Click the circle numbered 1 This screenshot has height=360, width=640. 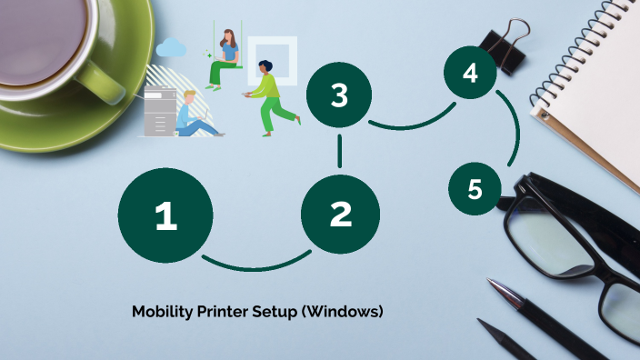[165, 215]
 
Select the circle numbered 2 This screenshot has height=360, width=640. [340, 215]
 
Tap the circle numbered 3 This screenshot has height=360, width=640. [339, 95]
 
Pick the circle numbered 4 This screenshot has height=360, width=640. [470, 72]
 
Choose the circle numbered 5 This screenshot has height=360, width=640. [475, 188]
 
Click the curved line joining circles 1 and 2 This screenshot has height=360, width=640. [256, 268]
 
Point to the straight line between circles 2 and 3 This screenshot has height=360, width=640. [340, 152]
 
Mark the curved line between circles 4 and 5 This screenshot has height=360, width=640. [516, 127]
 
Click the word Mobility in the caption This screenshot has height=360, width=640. [163, 312]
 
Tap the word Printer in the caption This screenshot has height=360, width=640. [223, 312]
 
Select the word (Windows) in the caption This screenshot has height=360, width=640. [342, 312]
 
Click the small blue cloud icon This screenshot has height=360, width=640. [171, 48]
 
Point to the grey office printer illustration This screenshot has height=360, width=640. [160, 111]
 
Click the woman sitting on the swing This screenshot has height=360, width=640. [224, 59]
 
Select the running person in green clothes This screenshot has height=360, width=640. [272, 98]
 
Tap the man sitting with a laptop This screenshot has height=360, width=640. [196, 115]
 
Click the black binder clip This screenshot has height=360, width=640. [505, 45]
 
